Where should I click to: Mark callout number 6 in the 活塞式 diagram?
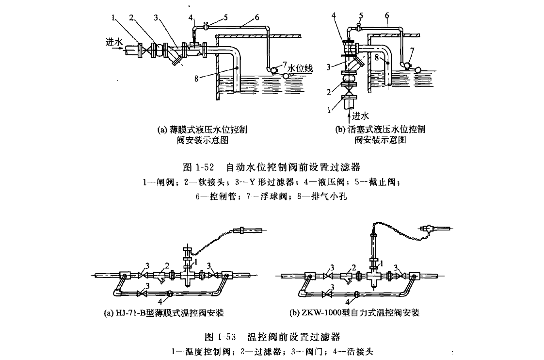coord(386,16)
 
